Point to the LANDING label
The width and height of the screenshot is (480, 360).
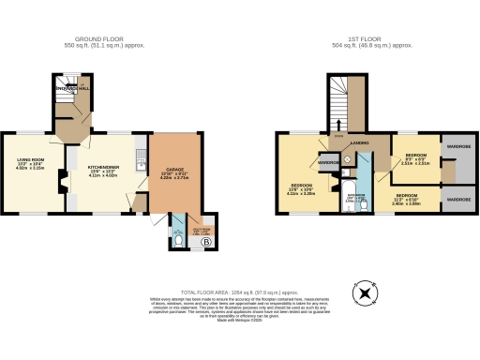point(358,143)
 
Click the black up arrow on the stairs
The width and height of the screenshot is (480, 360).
point(338,124)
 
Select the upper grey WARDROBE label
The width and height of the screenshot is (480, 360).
point(458,146)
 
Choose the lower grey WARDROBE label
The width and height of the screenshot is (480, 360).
point(458,200)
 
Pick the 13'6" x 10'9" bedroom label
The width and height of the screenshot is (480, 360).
point(301,188)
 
